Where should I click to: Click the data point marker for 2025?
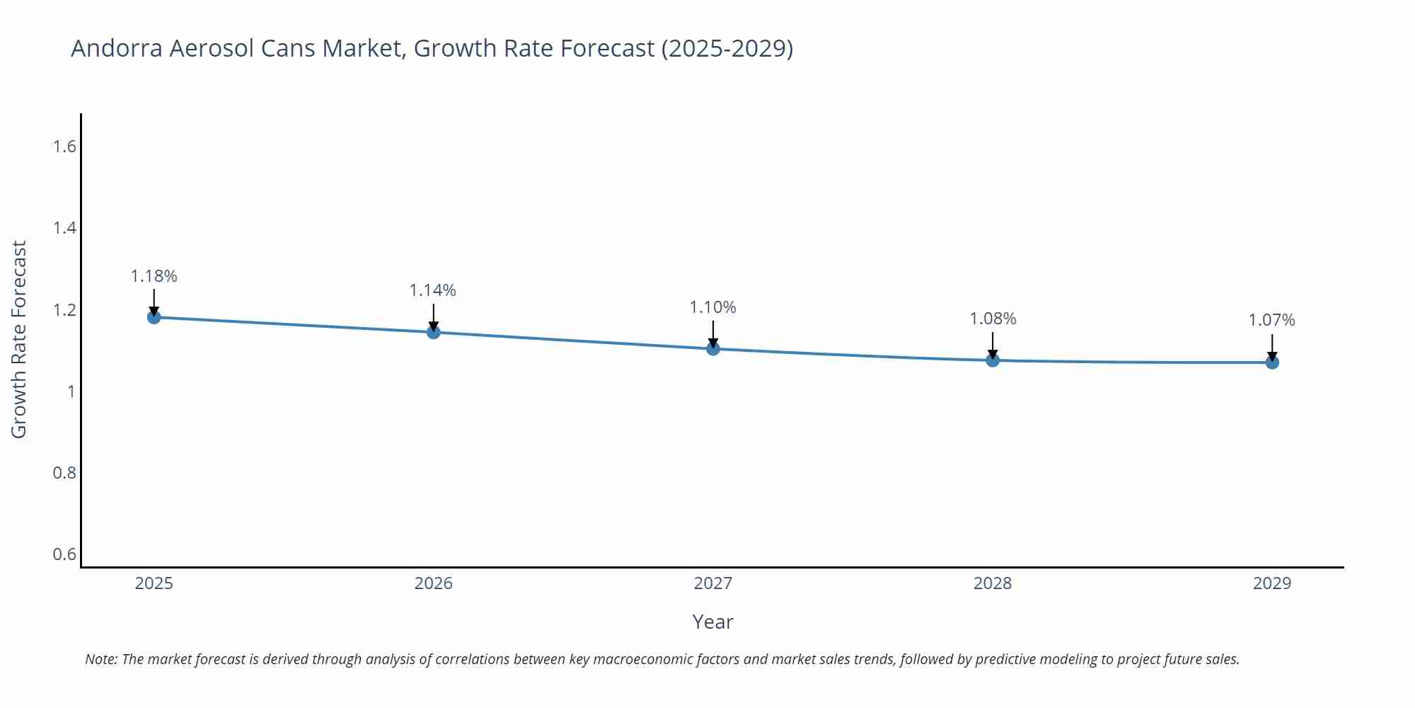tap(154, 316)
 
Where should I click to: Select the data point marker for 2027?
tap(712, 348)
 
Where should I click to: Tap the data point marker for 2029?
tap(1271, 362)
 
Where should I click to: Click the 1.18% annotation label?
tap(154, 276)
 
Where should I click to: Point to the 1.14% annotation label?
tap(433, 290)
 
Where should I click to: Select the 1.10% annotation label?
tap(712, 307)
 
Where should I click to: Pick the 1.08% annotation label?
tap(992, 319)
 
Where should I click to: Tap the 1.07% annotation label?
tap(1271, 320)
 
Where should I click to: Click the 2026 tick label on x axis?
tap(433, 583)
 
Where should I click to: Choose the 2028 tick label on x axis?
tap(992, 583)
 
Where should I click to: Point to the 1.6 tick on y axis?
tap(64, 147)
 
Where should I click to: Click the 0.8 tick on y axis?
tap(64, 472)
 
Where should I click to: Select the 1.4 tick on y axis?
tap(64, 228)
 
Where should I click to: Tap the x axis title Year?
tap(712, 622)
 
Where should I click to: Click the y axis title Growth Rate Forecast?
tap(19, 339)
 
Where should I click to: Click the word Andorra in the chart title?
tap(117, 48)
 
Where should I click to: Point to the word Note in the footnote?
tap(100, 659)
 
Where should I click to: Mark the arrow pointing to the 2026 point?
tap(433, 317)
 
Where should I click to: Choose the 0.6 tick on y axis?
tap(64, 554)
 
